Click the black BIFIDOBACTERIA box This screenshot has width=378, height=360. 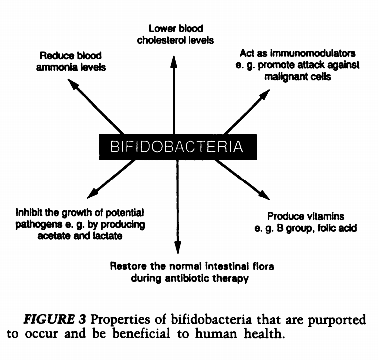[177, 147]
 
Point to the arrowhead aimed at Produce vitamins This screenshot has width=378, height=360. [264, 195]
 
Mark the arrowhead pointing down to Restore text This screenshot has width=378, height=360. [177, 248]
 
